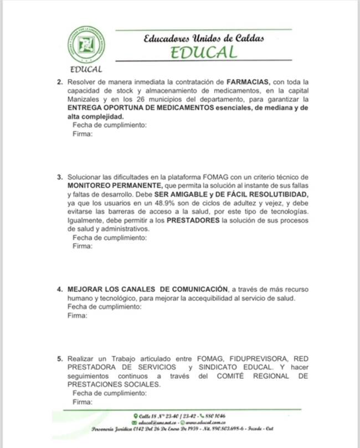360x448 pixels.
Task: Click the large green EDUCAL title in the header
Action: (204, 53)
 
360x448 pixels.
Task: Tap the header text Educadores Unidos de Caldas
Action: (204, 39)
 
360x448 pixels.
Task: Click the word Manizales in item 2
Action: (84, 99)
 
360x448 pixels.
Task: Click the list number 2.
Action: (59, 82)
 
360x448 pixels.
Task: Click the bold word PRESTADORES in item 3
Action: (193, 221)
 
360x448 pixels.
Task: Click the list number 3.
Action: (59, 177)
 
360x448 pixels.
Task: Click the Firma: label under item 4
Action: (78, 316)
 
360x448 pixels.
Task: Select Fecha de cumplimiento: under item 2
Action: (110, 125)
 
